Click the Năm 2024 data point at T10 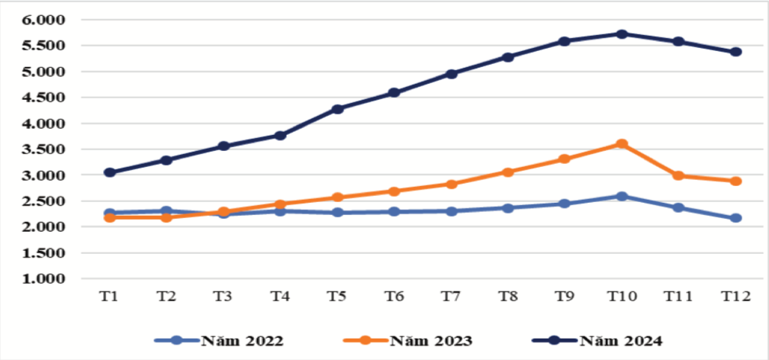[622, 34]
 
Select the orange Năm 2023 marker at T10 [622, 144]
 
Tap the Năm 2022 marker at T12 [735, 218]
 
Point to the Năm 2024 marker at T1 [110, 172]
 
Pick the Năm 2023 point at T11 [678, 175]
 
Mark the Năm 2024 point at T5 [337, 109]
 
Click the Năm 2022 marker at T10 [622, 197]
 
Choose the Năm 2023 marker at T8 [508, 172]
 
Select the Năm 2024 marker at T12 [735, 52]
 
